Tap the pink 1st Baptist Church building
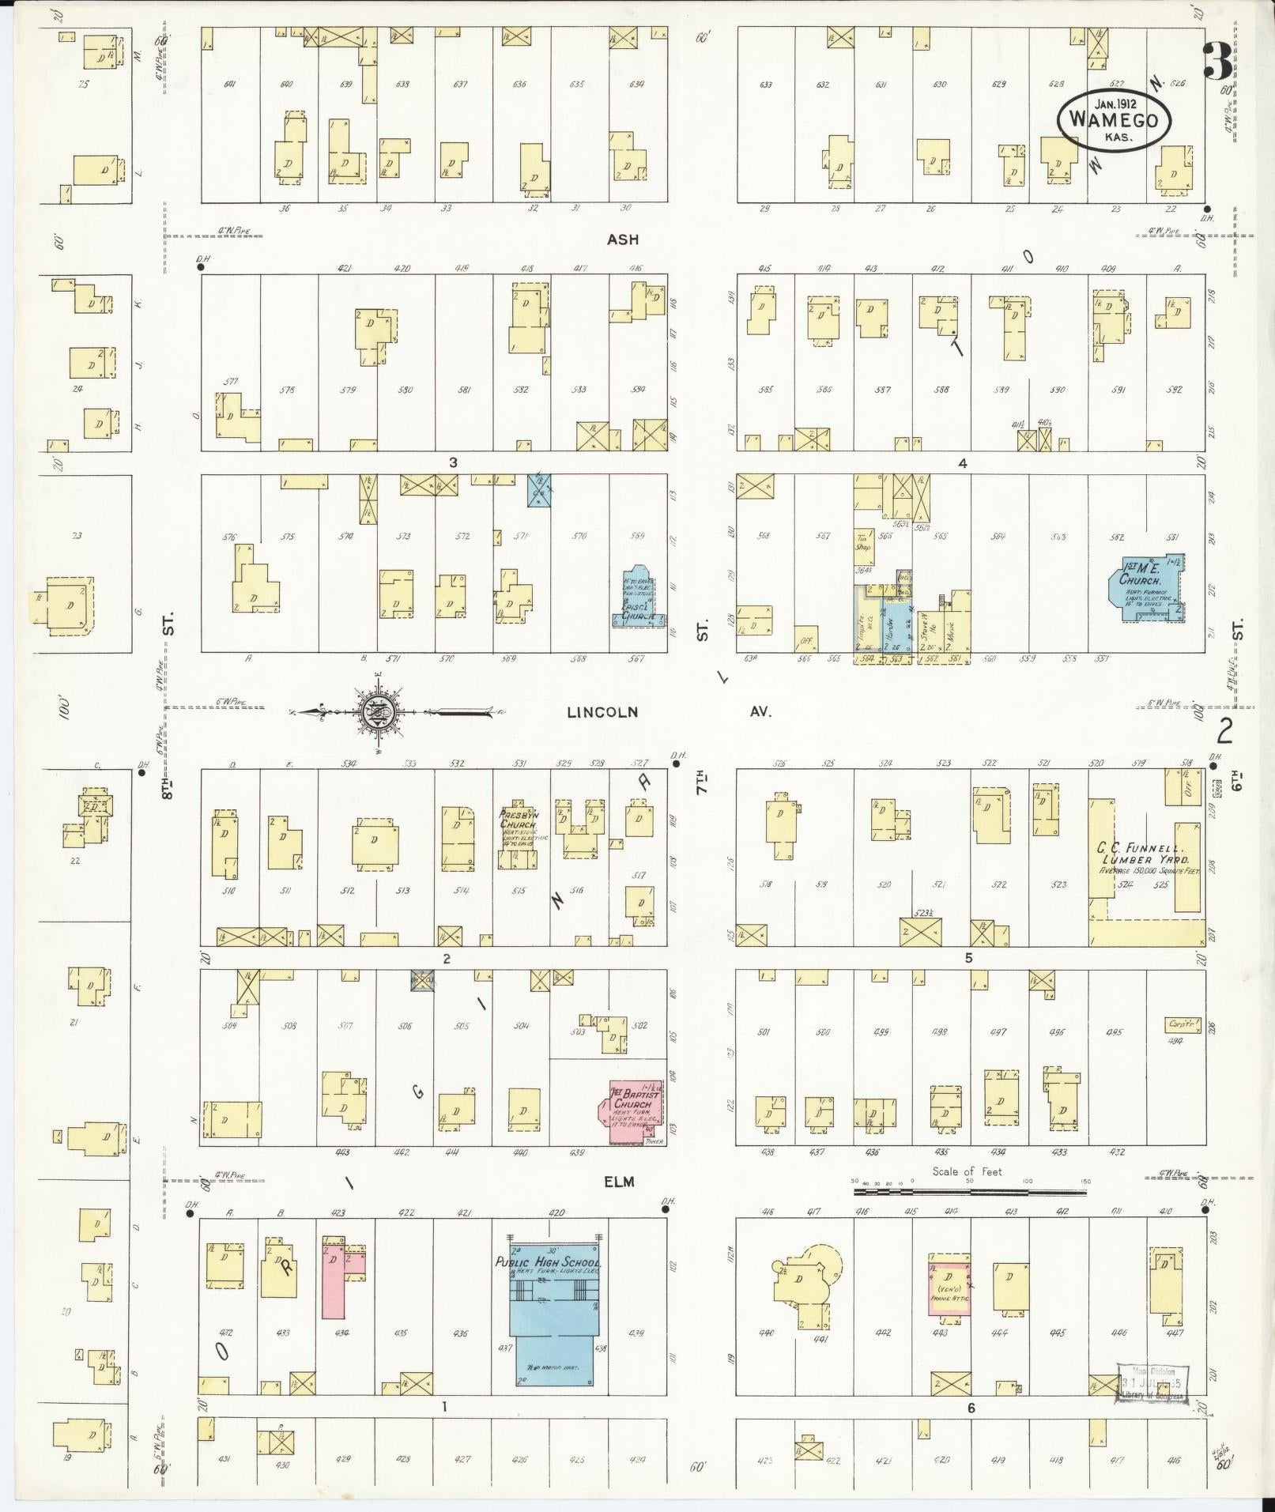click(633, 1112)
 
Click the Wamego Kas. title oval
click(1114, 120)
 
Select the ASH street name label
click(623, 239)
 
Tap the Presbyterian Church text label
click(518, 820)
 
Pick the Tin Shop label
click(862, 541)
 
